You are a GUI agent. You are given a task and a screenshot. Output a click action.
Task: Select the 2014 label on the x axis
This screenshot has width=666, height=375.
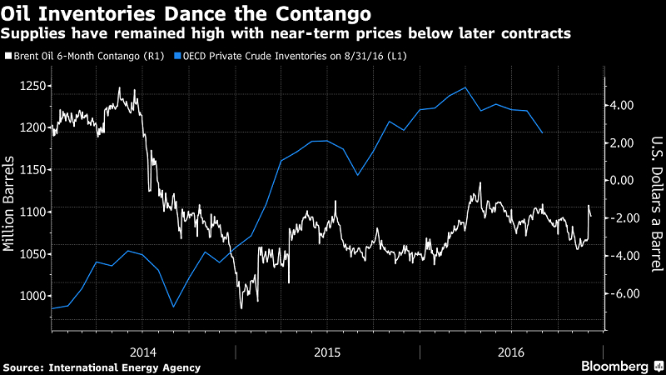(144, 352)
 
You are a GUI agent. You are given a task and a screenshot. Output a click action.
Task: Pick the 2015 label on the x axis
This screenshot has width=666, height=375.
(327, 352)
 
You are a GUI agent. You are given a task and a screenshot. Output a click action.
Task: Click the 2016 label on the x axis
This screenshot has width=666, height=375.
(510, 352)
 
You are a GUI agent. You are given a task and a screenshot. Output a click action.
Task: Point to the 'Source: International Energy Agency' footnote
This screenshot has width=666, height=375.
(102, 367)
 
